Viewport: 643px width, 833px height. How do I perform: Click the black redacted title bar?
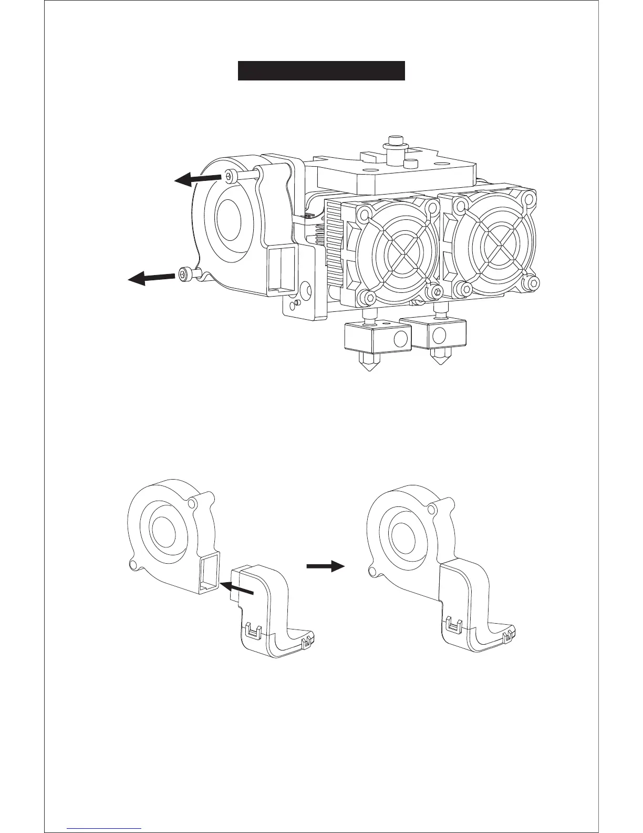point(321,71)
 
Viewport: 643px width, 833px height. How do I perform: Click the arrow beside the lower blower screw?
point(151,277)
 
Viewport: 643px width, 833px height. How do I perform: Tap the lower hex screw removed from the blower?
point(185,273)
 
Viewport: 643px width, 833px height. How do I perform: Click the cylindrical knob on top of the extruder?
point(395,142)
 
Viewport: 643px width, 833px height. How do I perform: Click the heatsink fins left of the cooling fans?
point(334,237)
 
